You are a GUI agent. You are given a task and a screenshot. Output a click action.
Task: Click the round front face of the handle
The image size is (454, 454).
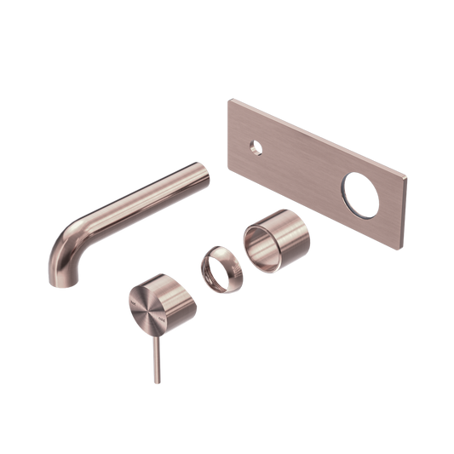point(145,306)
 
